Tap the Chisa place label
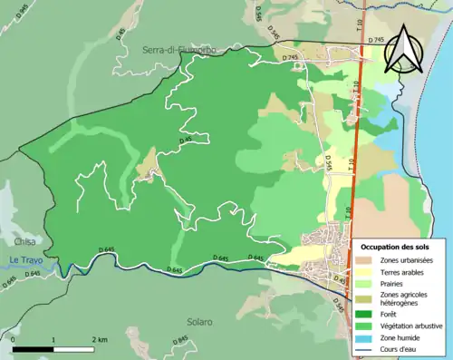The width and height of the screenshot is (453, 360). coord(24,242)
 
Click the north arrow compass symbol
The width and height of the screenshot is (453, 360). coord(404,49)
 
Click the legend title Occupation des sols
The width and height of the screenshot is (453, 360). coord(395,246)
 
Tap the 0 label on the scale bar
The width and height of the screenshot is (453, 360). coord(14,337)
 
